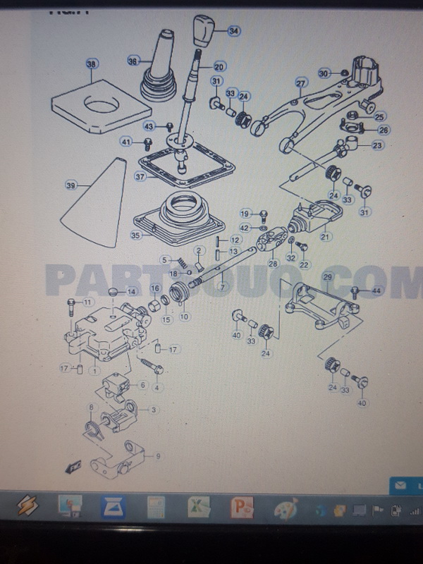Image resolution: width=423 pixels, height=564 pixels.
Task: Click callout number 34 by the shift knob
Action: (233, 31)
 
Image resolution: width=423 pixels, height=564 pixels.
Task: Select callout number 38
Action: (91, 64)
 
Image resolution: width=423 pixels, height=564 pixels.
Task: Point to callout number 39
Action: (70, 185)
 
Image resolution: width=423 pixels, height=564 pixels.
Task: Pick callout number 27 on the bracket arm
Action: (301, 83)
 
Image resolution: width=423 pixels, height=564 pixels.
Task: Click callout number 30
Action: (324, 73)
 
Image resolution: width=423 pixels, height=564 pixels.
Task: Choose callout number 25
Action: (380, 116)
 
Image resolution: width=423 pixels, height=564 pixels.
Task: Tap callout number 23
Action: (377, 146)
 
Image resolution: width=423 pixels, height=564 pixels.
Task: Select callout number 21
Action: (325, 237)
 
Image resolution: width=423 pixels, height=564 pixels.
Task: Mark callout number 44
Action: (376, 290)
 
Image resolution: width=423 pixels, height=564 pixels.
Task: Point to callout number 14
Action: (131, 291)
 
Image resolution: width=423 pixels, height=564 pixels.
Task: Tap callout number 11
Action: (87, 302)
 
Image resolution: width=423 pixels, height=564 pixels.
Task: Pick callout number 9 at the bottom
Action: (158, 456)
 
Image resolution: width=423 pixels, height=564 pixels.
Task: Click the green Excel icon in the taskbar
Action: (195, 506)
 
